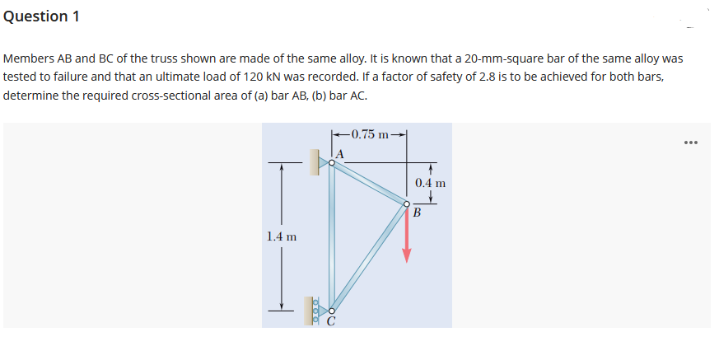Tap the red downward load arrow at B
point(406,236)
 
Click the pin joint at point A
point(332,163)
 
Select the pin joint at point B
point(406,204)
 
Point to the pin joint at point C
point(331,309)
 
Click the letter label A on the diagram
point(338,152)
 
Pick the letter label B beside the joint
point(417,214)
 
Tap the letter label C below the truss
point(330,321)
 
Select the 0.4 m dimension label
point(430,183)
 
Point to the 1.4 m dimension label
point(282,236)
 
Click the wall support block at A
point(315,162)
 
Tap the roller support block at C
point(312,310)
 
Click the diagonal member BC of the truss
point(369,256)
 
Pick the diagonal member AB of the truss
point(369,184)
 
